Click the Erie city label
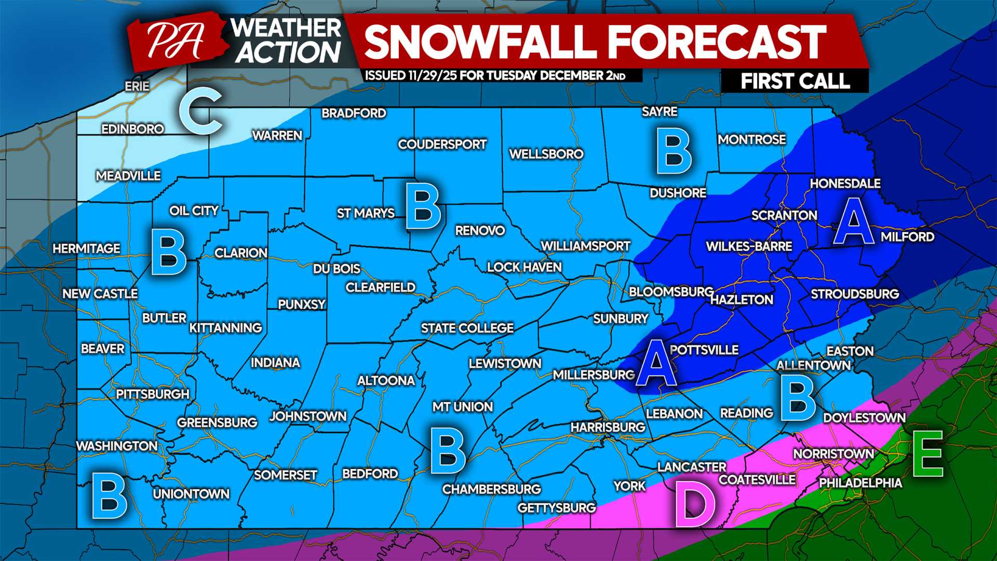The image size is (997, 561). click(137, 86)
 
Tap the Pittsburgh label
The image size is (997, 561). click(153, 394)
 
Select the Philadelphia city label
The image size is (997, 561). click(860, 483)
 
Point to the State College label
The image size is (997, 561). click(467, 328)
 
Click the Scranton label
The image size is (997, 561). click(784, 216)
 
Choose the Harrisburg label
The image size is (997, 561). click(608, 428)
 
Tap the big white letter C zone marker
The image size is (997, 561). click(201, 111)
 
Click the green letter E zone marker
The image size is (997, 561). click(927, 455)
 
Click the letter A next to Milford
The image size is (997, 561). click(854, 222)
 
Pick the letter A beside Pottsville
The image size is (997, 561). click(656, 363)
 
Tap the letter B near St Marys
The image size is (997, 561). click(423, 206)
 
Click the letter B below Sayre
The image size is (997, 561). click(673, 152)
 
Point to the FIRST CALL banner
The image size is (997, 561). click(794, 82)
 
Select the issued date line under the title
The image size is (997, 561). click(495, 76)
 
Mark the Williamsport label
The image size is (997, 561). click(585, 246)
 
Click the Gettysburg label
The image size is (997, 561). click(557, 508)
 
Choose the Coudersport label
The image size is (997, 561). click(442, 144)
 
